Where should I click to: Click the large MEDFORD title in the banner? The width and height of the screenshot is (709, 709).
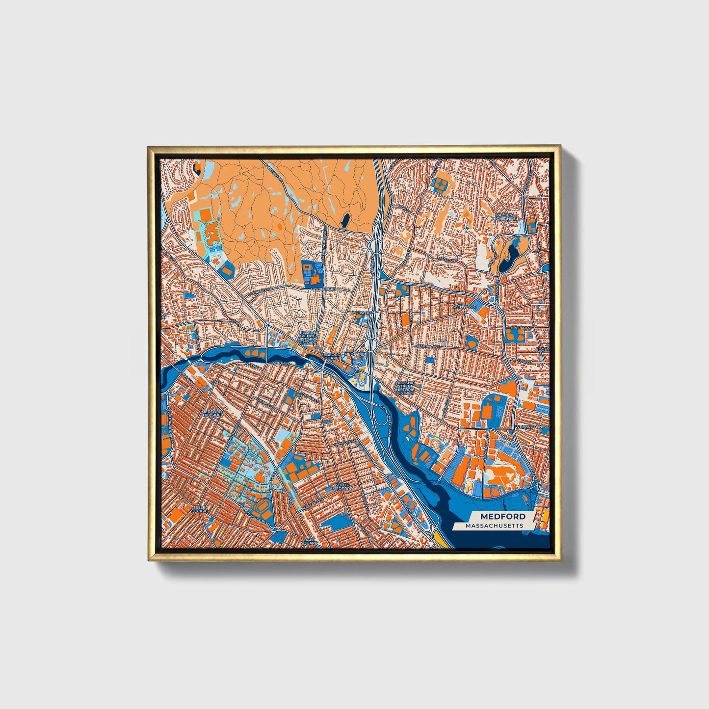pos(502,516)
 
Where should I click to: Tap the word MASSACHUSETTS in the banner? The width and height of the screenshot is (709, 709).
pos(495,525)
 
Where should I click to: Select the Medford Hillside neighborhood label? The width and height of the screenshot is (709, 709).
pos(211,413)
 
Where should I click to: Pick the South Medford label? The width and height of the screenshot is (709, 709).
pos(342,487)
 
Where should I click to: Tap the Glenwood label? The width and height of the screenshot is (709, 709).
pos(464,307)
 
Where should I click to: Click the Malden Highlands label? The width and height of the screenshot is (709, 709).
pos(505,216)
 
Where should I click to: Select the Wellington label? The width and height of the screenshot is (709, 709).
pos(528,427)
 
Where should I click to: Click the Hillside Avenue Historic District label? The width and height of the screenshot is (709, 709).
pos(308,338)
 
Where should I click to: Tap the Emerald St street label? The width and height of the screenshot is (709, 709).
pos(521,327)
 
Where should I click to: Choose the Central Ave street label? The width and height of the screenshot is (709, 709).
pos(426,346)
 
